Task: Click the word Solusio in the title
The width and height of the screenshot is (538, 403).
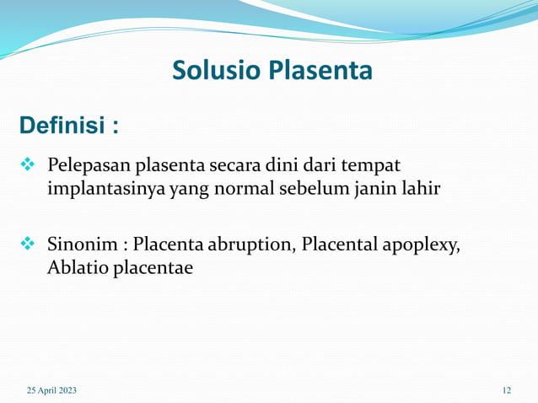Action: [x=216, y=70]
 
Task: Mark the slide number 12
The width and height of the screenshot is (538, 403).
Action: [x=506, y=390]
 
